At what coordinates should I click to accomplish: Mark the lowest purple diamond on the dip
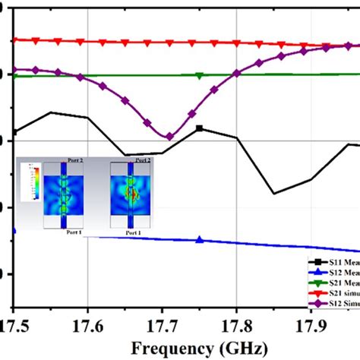(x=169, y=137)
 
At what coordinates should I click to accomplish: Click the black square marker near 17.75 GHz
(x=200, y=128)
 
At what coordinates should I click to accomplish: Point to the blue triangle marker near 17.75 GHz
(x=200, y=240)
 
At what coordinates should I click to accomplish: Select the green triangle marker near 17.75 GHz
(x=200, y=75)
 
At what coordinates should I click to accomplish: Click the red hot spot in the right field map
(x=132, y=194)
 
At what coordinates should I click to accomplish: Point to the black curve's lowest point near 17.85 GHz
(x=274, y=193)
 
